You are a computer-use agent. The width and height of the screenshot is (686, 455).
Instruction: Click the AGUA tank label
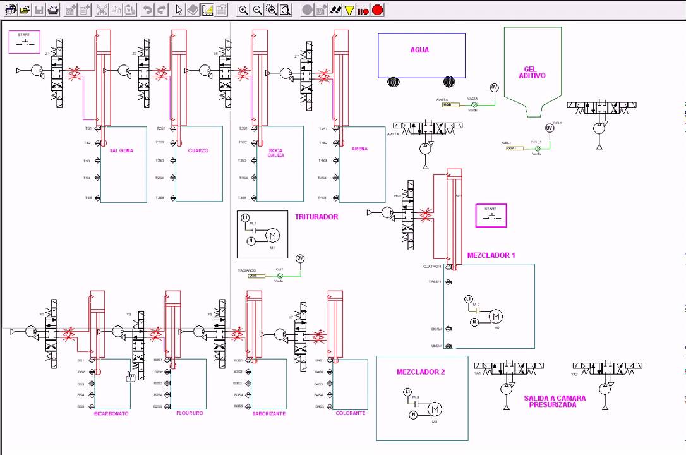[419, 50]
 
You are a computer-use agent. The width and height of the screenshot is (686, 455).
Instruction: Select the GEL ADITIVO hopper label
[532, 73]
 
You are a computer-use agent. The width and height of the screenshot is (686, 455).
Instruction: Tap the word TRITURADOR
[316, 217]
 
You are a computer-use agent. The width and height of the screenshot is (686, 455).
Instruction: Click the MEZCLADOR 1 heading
[491, 255]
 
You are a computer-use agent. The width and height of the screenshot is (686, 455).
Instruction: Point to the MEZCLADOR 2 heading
[421, 372]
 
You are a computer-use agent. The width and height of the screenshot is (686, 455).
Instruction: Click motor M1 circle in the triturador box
[272, 236]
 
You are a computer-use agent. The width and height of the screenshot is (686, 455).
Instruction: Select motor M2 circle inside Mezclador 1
[496, 317]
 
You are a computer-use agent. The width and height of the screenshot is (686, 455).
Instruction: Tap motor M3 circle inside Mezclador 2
[435, 409]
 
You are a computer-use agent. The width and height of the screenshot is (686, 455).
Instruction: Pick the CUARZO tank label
[198, 151]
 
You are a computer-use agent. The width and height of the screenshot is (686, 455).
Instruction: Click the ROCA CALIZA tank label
[275, 153]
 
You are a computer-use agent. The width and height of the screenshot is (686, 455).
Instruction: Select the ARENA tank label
[359, 149]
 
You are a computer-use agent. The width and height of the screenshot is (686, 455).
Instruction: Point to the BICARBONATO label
[111, 414]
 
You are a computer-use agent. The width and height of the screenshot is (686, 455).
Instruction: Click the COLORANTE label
[350, 413]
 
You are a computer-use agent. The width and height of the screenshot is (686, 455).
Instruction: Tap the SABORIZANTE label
[268, 413]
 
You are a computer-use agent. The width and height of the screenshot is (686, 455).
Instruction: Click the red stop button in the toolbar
[377, 9]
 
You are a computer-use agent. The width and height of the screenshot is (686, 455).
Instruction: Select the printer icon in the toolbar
[54, 9]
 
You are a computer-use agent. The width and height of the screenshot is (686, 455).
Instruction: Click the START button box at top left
[25, 42]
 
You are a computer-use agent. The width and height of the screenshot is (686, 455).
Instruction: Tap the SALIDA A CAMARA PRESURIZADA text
[554, 401]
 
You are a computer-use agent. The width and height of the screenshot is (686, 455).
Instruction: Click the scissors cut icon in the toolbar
[102, 9]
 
